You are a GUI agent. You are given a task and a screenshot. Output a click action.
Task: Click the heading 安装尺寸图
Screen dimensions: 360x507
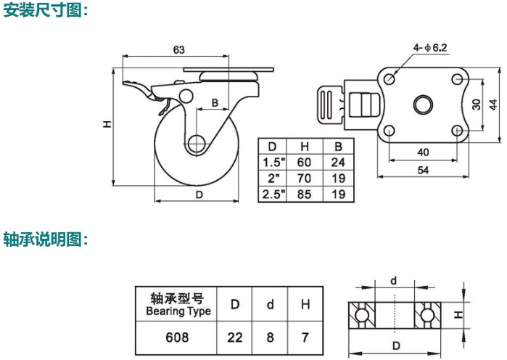pos(46,11)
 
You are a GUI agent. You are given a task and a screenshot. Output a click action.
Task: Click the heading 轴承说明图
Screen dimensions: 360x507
pos(46,239)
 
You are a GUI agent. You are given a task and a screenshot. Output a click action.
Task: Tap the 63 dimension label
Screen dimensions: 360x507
pos(178,49)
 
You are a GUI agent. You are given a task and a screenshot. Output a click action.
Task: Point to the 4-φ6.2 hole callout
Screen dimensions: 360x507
pos(430,48)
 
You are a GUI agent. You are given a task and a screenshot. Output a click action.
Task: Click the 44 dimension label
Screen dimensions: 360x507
pos(492,103)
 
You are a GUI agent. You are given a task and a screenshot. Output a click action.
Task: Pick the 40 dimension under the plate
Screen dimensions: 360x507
pos(423,152)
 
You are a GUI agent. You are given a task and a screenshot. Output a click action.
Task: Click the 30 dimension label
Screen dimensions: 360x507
pos(476,103)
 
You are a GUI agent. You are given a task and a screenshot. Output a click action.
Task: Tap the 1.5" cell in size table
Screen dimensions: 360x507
pos(273,162)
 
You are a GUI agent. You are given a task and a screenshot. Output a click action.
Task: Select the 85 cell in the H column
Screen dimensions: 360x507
pos(305,194)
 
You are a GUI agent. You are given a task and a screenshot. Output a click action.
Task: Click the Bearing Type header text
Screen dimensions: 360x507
pos(178,311)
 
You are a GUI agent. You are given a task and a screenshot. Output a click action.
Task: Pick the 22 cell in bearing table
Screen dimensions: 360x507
pos(235,337)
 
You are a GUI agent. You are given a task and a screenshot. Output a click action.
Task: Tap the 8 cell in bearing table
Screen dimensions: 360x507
pos(271,337)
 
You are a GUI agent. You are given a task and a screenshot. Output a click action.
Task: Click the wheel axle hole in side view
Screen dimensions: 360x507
pos(194,144)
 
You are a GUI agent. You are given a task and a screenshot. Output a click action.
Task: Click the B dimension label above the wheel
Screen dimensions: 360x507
pos(215,102)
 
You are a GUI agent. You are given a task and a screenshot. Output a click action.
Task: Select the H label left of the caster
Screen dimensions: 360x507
pos(105,125)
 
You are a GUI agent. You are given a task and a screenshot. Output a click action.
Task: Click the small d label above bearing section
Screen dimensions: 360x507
pos(393,280)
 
